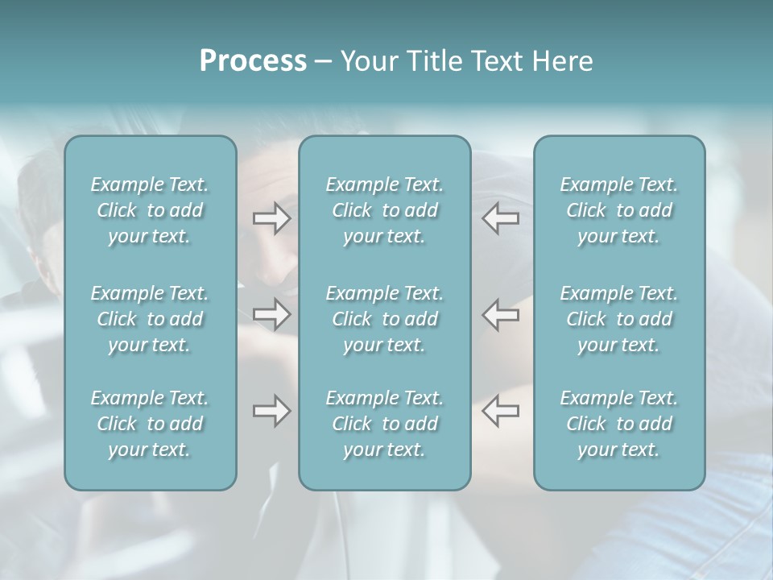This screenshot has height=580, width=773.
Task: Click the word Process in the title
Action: (253, 61)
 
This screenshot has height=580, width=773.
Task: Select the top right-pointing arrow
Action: (271, 218)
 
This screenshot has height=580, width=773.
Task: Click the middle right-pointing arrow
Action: (271, 313)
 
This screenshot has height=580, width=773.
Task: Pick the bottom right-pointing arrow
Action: (271, 411)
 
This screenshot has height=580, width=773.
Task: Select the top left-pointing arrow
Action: (501, 218)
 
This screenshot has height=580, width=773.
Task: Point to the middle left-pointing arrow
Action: (501, 313)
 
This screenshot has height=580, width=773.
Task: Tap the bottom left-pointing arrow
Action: (501, 411)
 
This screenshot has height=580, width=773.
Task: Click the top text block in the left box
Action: (150, 210)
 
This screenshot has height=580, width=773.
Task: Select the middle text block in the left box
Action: (150, 319)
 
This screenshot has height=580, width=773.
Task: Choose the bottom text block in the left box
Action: (150, 424)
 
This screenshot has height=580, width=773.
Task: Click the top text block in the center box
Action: (385, 210)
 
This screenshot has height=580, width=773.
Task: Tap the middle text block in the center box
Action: (385, 319)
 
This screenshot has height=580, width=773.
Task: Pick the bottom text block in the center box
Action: (385, 424)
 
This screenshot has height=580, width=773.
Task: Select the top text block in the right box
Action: (619, 210)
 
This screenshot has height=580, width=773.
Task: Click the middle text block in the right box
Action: (619, 319)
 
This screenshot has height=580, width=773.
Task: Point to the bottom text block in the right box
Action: (619, 424)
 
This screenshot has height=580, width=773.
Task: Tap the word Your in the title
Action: (366, 61)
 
